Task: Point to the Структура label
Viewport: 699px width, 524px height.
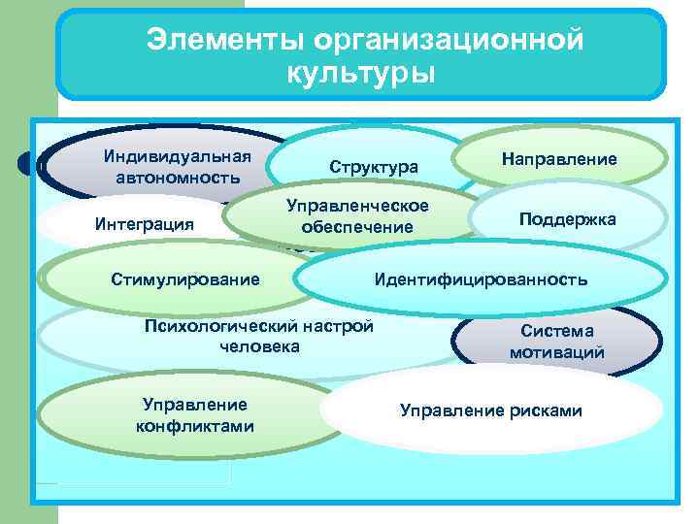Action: pyautogui.click(x=374, y=167)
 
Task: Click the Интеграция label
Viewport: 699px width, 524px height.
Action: pyautogui.click(x=145, y=224)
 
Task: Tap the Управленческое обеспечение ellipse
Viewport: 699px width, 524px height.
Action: pyautogui.click(x=358, y=216)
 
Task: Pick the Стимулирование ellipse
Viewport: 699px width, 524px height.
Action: pyautogui.click(x=184, y=279)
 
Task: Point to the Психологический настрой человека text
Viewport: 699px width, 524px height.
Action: pyautogui.click(x=258, y=336)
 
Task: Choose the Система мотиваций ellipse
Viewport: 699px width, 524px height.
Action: pyautogui.click(x=556, y=342)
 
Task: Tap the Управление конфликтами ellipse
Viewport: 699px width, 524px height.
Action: pyautogui.click(x=195, y=415)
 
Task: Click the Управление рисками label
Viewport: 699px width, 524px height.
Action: pyautogui.click(x=490, y=410)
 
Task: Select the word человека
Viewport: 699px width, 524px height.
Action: pyautogui.click(x=259, y=345)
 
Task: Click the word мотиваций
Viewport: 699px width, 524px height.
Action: pyautogui.click(x=556, y=352)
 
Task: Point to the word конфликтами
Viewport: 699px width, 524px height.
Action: pyautogui.click(x=195, y=426)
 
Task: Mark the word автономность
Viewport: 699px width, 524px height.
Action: pyautogui.click(x=177, y=178)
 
